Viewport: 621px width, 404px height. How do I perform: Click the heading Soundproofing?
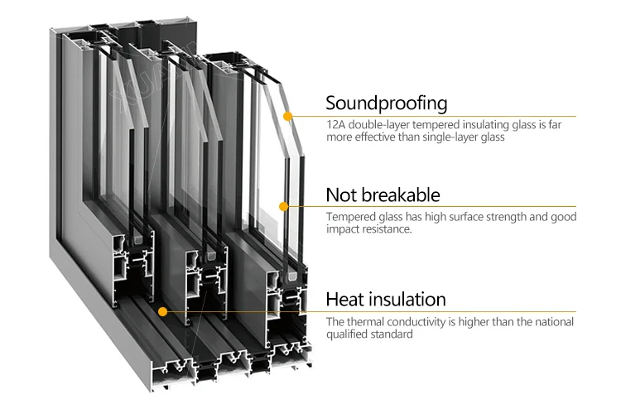coord(386,103)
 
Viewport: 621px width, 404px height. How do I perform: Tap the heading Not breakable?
coord(383,195)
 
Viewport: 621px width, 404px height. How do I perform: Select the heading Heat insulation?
coord(386,299)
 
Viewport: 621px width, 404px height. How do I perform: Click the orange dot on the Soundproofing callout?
coord(287,117)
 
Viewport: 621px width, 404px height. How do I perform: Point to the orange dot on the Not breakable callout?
coord(283,206)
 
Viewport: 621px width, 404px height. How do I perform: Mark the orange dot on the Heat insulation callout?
coord(163,312)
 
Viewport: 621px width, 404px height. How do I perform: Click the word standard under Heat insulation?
coord(392,335)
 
